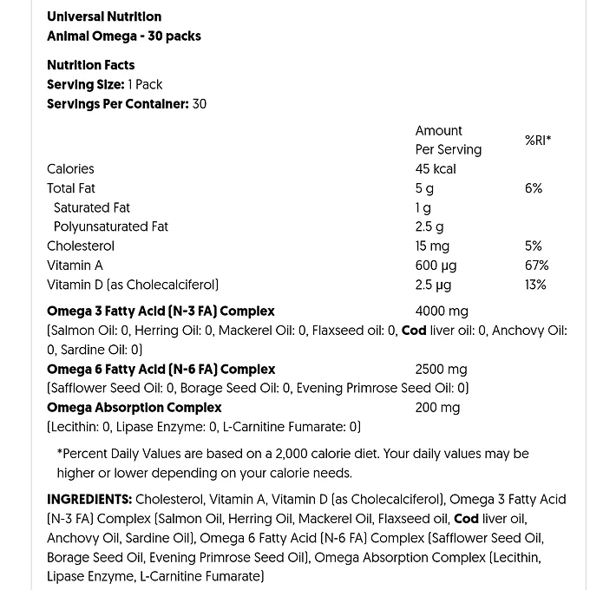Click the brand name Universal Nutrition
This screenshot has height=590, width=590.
[x=104, y=16]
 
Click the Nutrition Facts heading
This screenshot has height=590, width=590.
[x=91, y=65]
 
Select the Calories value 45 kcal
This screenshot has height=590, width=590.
[x=436, y=169]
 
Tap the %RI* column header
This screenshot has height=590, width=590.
[x=538, y=140]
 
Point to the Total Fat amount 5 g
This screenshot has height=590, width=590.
[x=424, y=188]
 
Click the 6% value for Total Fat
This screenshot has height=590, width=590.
[x=534, y=188]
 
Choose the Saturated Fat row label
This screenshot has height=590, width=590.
[x=92, y=207]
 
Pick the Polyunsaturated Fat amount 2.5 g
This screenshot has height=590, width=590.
[x=429, y=226]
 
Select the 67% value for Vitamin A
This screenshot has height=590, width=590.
[x=536, y=265]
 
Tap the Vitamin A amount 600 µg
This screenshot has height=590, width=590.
[x=436, y=265]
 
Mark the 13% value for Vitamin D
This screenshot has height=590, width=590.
[x=535, y=285]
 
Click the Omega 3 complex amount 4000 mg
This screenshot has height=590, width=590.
[x=442, y=311]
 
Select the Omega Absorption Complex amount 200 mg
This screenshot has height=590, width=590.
[x=437, y=407]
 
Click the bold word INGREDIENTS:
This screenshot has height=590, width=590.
[x=89, y=499]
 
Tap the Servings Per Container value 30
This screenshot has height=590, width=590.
[x=199, y=104]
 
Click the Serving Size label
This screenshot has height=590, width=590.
[x=86, y=84]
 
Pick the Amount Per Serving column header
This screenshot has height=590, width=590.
[x=448, y=140]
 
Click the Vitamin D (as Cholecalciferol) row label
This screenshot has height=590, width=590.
[x=133, y=285]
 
